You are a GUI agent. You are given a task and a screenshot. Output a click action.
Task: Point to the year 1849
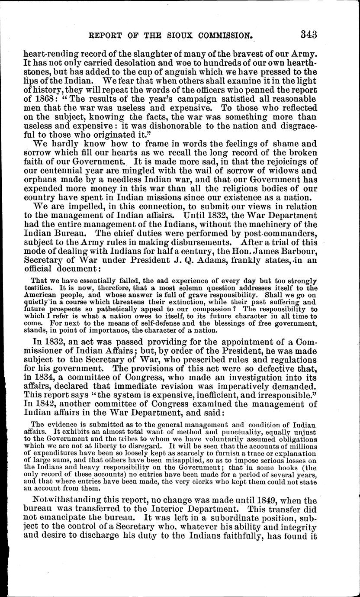point(269,498)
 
